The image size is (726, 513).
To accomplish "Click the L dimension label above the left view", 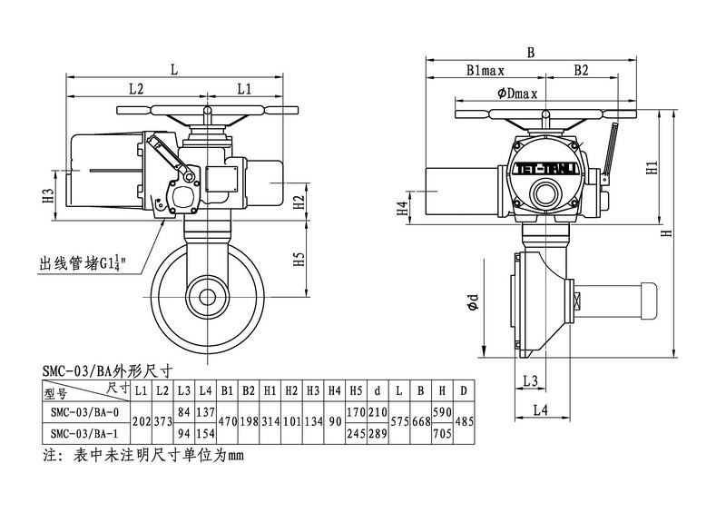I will click(174, 67).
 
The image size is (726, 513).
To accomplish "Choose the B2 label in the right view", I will click(581, 70).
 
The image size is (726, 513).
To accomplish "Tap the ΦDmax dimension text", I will click(517, 94).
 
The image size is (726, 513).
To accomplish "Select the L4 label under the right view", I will click(539, 409).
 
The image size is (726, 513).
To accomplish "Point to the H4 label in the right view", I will click(403, 208).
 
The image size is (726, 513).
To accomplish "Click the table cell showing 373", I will click(162, 421).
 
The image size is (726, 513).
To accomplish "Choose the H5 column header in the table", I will click(355, 390).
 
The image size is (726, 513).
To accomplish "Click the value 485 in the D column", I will click(464, 421).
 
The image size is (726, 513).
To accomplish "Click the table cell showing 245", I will click(355, 432).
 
